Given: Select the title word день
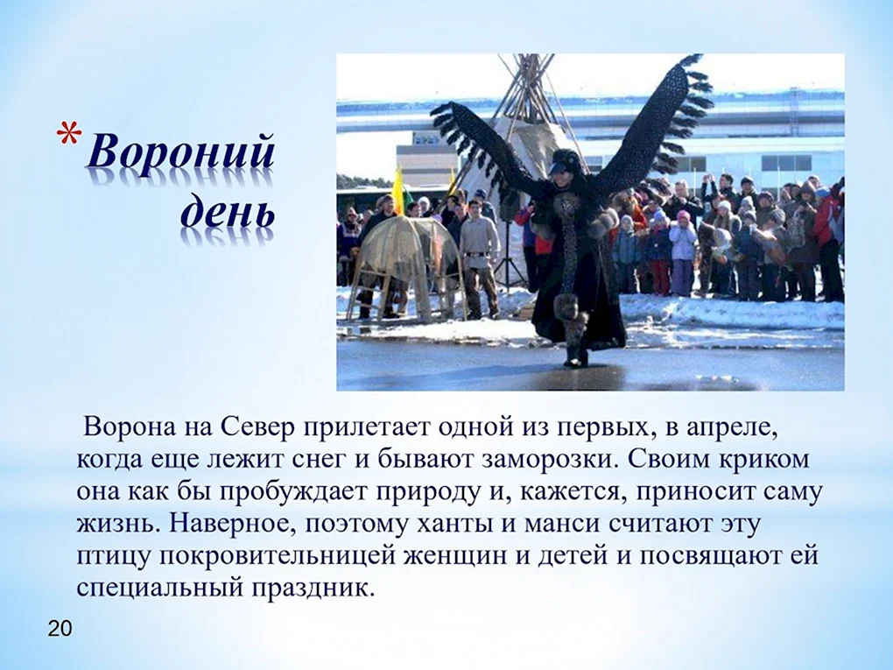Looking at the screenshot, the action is coord(228,213).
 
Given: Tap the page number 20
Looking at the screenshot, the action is coord(60,629).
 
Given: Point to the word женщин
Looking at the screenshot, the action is coord(454,557).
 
